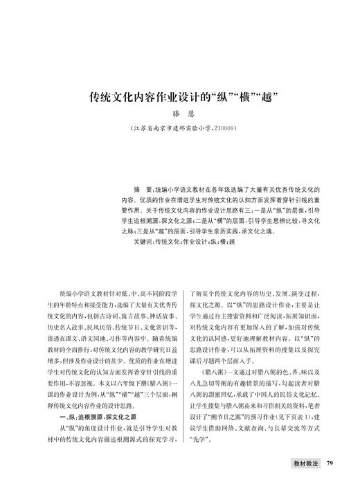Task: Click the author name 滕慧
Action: click(180, 112)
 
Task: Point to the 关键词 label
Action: click(136, 242)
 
